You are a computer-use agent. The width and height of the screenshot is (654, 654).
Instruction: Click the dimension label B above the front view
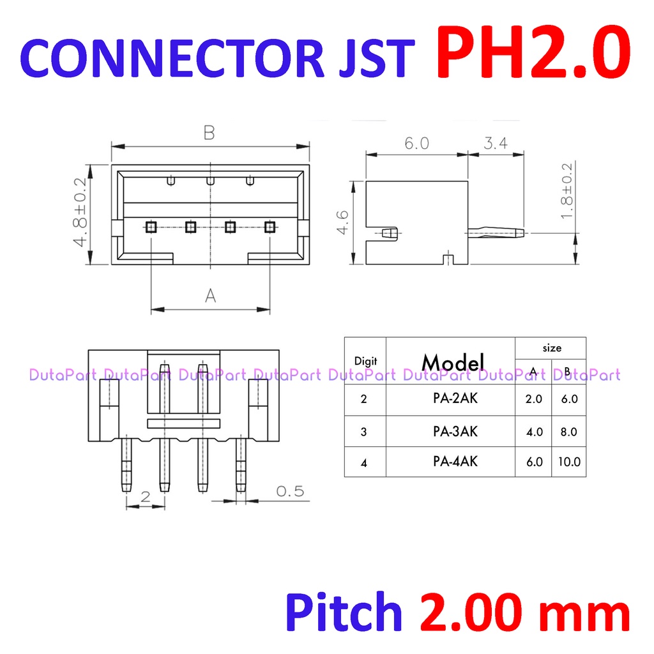coord(209,133)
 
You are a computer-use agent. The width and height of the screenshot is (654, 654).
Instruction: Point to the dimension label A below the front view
coord(210,296)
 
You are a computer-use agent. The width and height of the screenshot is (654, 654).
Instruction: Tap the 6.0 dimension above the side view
coord(416,144)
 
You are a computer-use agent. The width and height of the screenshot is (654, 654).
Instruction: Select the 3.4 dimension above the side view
coord(496,144)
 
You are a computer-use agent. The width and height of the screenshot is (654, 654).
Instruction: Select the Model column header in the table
coord(453,362)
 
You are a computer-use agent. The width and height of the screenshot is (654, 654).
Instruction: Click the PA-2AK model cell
coord(451,399)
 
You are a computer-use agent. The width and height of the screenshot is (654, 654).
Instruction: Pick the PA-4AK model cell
coord(451,461)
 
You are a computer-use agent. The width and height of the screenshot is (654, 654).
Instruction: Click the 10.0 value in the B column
coord(568,462)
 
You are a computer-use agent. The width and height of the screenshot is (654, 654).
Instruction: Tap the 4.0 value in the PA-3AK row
coord(534,431)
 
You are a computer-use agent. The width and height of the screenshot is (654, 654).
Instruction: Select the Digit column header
coord(365,361)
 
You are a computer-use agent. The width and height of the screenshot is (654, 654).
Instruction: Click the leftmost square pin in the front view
coord(151,226)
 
